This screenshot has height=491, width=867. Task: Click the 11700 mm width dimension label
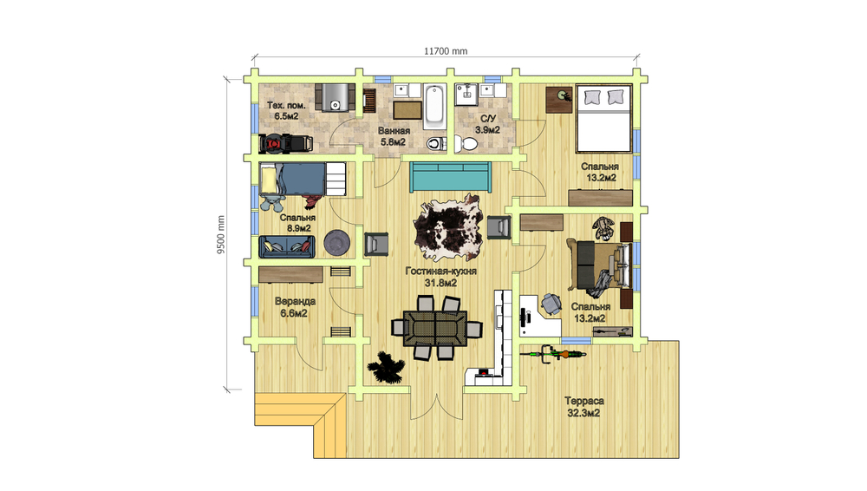point(446,51)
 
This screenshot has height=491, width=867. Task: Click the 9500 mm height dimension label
point(221,235)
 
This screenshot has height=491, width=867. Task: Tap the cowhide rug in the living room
point(448,227)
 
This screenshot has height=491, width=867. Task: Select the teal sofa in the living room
point(450,177)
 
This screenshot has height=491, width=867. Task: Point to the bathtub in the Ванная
point(434,107)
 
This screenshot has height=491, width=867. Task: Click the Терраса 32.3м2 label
point(583,407)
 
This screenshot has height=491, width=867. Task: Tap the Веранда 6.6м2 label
point(295,307)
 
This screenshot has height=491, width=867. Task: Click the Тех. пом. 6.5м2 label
point(286,111)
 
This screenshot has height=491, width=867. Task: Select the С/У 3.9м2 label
point(487,125)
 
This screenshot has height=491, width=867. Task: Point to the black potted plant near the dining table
point(386,368)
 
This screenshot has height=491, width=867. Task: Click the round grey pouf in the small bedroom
point(336,243)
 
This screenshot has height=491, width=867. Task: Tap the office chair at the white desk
point(551,304)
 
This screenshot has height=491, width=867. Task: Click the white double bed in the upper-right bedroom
point(603,119)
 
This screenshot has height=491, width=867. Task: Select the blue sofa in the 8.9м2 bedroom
point(286,247)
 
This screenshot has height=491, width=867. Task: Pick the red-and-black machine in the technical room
point(286,144)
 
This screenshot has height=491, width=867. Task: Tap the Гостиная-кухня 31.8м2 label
point(440,278)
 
